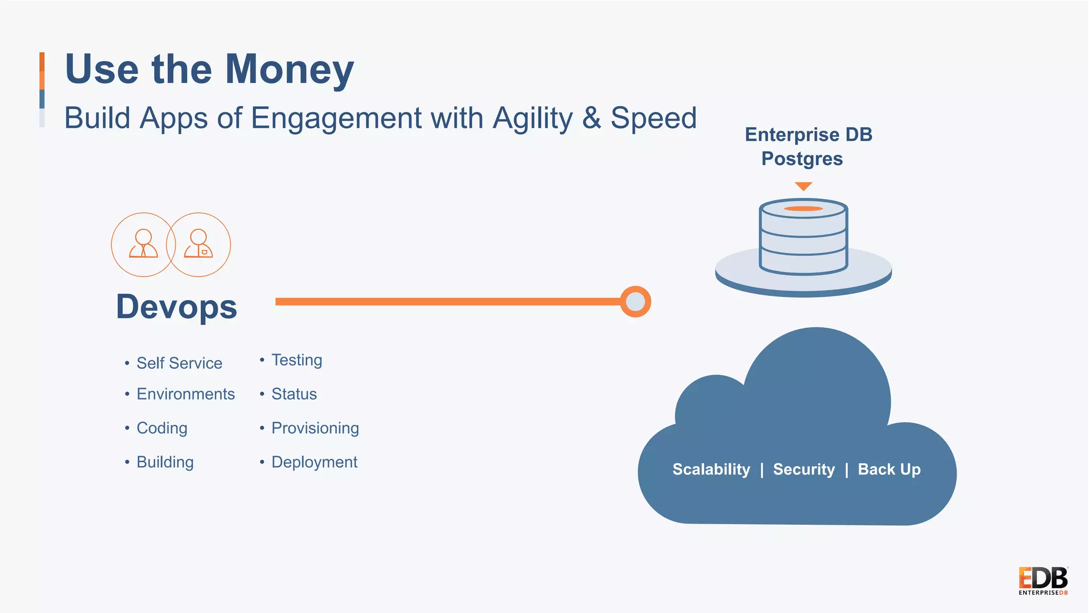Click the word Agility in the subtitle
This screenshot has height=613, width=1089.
click(532, 118)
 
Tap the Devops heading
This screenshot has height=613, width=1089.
click(177, 307)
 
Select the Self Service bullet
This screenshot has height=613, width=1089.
click(179, 363)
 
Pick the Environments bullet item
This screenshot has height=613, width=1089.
click(186, 394)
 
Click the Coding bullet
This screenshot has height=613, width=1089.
click(162, 428)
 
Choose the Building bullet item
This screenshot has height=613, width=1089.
click(165, 462)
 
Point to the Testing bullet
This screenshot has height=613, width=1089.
click(297, 360)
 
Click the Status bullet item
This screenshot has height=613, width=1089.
click(294, 394)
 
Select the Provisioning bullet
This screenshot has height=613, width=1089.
click(315, 428)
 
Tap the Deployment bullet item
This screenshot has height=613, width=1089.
click(314, 462)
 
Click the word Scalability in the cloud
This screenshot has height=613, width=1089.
click(711, 469)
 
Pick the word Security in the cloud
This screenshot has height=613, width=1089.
click(803, 469)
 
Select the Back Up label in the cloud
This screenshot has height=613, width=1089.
click(889, 469)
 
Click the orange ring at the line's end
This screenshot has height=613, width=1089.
click(635, 302)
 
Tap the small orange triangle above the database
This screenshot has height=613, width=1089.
click(803, 186)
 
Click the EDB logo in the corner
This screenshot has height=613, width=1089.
click(1043, 581)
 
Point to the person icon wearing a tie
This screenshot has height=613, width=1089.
click(144, 244)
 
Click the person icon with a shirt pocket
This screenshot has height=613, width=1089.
click(198, 244)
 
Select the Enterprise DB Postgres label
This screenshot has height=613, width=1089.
click(807, 147)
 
